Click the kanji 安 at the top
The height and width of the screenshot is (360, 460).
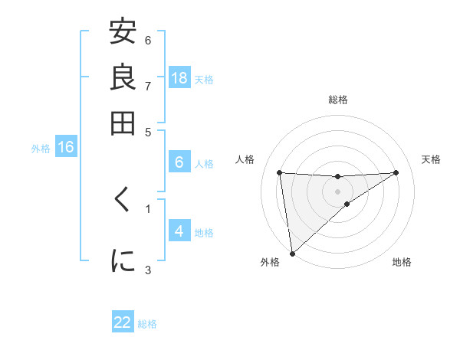(123, 32)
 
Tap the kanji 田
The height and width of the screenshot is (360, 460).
(123, 123)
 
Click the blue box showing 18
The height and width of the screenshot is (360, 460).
(179, 78)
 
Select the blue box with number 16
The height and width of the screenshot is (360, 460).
(65, 147)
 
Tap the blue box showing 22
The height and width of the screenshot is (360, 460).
(123, 322)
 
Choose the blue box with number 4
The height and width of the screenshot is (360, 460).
(179, 231)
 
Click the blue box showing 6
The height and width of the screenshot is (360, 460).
(179, 162)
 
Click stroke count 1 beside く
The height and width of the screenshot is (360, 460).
(148, 207)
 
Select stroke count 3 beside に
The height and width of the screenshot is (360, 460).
(148, 269)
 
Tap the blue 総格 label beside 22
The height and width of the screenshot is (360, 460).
(147, 324)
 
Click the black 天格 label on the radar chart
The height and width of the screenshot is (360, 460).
(431, 159)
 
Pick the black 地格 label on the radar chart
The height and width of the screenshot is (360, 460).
(402, 262)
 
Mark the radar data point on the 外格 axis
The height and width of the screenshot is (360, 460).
(292, 254)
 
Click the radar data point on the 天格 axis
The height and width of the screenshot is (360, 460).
(396, 172)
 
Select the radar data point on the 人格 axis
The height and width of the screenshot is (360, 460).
(279, 172)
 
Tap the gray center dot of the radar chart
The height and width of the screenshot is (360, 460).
(337, 191)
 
